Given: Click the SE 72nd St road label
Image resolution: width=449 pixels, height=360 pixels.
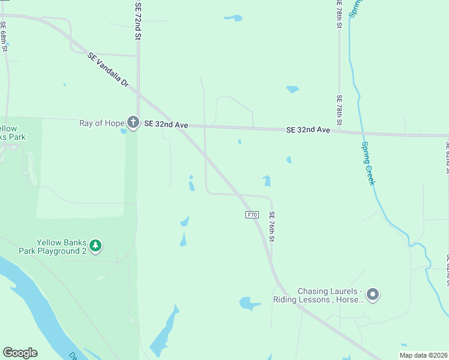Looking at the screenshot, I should click(138, 20).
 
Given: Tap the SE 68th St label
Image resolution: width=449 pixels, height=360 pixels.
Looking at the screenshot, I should click(4, 37).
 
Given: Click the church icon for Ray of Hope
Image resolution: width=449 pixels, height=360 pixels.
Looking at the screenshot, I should click(133, 123).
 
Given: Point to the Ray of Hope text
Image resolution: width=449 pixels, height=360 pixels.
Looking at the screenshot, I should click(101, 124).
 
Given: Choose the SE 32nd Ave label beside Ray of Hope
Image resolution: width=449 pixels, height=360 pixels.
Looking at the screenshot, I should click(166, 125).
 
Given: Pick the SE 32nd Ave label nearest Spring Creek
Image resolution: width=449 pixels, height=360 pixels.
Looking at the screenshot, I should click(308, 130).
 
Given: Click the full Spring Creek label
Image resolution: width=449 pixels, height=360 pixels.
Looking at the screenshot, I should click(368, 162).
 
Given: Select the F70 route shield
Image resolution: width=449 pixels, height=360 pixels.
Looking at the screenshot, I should click(252, 214).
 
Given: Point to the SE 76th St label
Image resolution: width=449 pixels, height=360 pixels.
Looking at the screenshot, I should click(272, 226).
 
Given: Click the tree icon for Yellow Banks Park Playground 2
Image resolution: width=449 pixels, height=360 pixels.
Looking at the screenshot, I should click(95, 245).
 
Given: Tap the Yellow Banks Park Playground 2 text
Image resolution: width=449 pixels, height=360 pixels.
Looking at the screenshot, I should click(62, 247).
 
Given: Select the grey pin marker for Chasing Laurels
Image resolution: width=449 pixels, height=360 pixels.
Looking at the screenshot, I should click(373, 294).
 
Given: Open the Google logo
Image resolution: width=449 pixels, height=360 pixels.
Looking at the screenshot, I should click(20, 353).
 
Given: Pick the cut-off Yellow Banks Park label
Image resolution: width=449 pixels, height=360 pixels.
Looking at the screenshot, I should click(12, 133).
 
